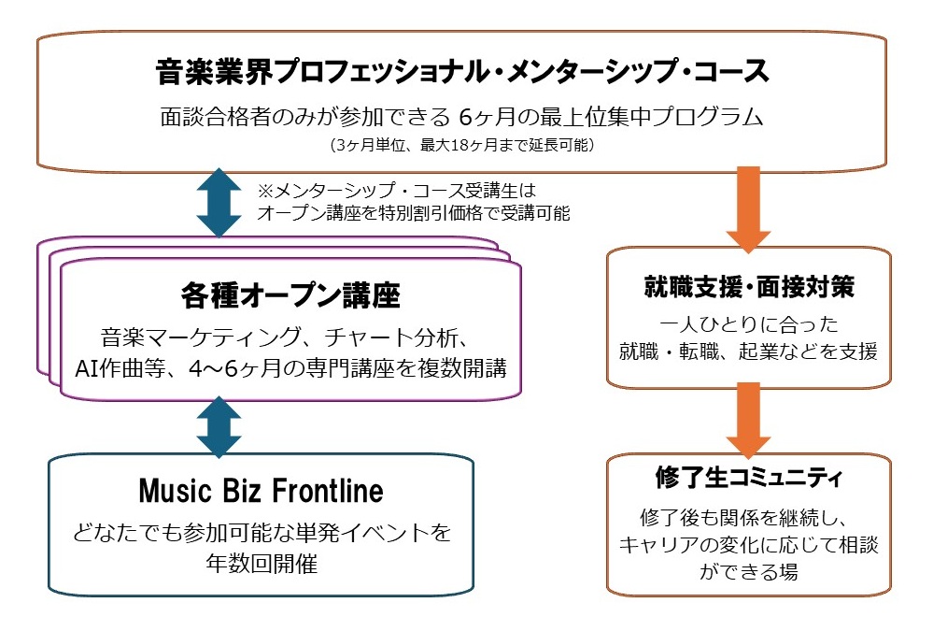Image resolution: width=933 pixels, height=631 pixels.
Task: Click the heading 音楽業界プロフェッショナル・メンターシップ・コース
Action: (x=462, y=71)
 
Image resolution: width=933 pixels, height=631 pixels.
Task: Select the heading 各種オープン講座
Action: (x=290, y=296)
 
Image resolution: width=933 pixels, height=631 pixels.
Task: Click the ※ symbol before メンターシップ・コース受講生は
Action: (x=266, y=191)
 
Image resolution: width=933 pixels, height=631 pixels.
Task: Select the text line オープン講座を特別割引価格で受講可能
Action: (x=414, y=212)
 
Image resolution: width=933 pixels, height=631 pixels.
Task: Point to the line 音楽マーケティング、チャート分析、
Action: (x=290, y=336)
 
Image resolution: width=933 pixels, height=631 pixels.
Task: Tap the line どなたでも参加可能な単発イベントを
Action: (x=262, y=533)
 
